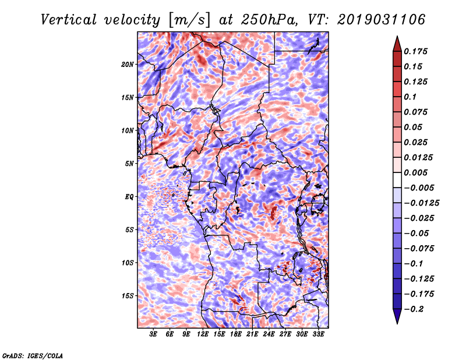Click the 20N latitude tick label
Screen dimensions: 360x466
coord(128,64)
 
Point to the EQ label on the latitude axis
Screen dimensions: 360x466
coord(129,196)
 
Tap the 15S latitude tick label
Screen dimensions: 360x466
coord(128,295)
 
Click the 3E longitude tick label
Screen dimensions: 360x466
coord(154,335)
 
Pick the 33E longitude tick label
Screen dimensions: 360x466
coord(318,335)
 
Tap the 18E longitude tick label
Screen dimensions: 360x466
coord(236,335)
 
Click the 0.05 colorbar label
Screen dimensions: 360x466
coord(415,127)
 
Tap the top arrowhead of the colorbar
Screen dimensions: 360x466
coord(397,43)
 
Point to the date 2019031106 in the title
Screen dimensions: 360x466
coord(374,19)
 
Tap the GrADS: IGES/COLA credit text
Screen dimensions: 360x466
coord(32,355)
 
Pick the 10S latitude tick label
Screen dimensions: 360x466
coord(128,263)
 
